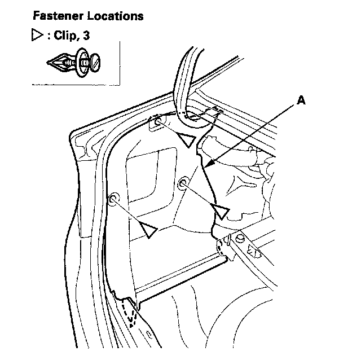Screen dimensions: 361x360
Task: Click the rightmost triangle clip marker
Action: click(x=222, y=212)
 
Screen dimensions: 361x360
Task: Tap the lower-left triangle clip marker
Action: click(x=148, y=229)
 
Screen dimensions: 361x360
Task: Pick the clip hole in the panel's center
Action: click(x=183, y=182)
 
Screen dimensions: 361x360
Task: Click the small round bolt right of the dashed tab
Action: click(x=240, y=239)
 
